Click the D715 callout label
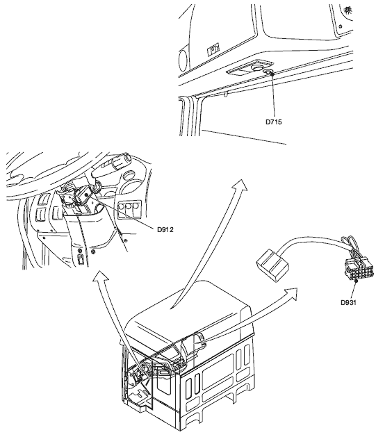(273, 122)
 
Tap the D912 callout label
(165, 230)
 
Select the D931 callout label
(348, 302)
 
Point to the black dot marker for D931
(356, 281)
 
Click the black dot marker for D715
(272, 74)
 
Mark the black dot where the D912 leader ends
(87, 195)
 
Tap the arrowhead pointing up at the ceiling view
(240, 185)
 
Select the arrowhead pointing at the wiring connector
(291, 294)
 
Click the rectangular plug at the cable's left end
(272, 265)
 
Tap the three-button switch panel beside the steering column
(129, 209)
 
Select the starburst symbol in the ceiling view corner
(348, 10)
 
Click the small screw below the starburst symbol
(341, 26)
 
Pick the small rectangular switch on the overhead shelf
(213, 49)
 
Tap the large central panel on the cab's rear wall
(218, 372)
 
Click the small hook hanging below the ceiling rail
(227, 94)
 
